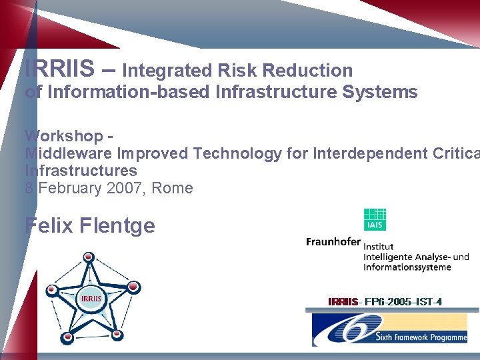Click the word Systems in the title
point(379,92)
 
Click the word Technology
point(237,153)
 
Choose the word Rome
point(173,188)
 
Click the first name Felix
point(49,225)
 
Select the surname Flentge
point(117,225)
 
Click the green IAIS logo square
point(375,220)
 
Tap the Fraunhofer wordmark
point(333,242)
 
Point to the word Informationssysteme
point(407,267)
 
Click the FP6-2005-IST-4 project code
point(400,302)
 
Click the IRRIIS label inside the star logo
point(91,298)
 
